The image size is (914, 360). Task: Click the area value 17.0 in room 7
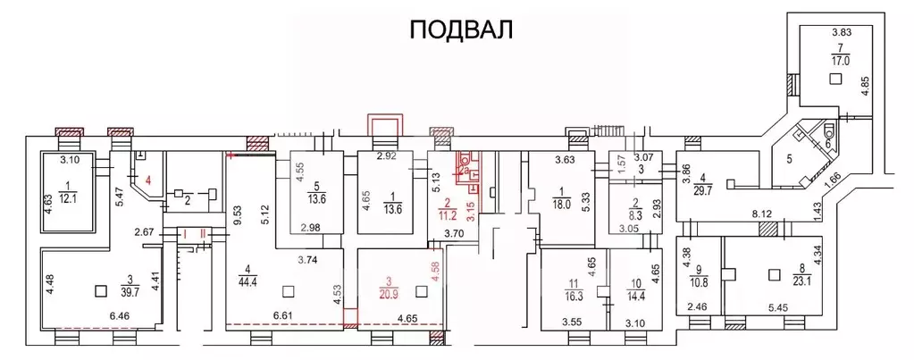click(840, 62)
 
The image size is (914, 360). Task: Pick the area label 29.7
click(709, 188)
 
